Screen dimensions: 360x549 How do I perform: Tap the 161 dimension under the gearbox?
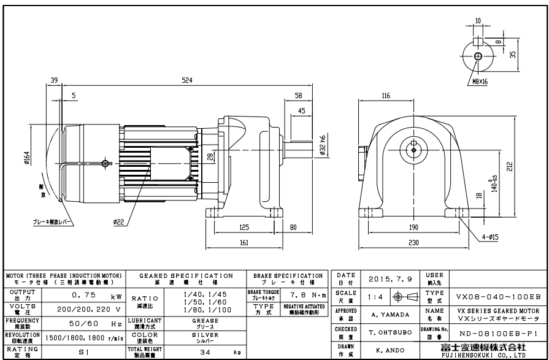pos(244,243)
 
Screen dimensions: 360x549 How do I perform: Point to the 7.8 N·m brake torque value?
pos(304,297)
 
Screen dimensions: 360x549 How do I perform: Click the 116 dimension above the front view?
pos(385,96)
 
